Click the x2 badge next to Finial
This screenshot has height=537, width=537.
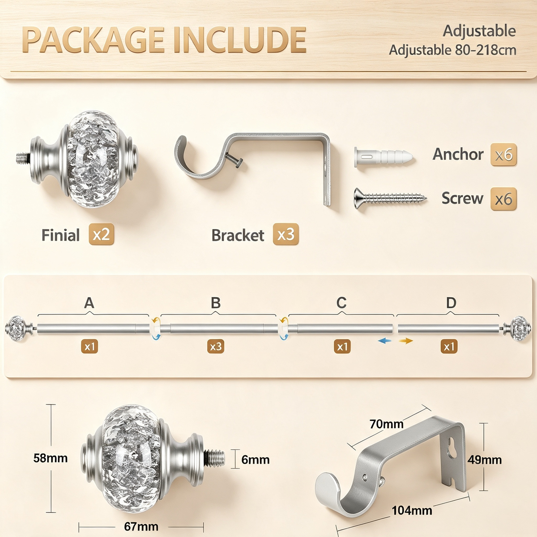tap(102, 234)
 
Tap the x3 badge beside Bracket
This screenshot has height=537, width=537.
tap(286, 234)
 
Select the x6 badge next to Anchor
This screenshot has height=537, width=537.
tap(503, 155)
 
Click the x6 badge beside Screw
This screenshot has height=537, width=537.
tap(503, 199)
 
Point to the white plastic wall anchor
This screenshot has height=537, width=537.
tap(383, 157)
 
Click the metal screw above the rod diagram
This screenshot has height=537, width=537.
tap(390, 198)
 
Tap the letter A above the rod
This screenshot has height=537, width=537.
tap(89, 303)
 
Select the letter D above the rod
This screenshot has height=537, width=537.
tap(451, 303)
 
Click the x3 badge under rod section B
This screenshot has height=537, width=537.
tap(216, 347)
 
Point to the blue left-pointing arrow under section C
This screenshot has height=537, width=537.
tap(384, 341)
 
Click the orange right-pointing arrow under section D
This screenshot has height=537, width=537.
tap(406, 341)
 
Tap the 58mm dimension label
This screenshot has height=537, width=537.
tap(51, 458)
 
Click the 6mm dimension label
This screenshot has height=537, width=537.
tap(255, 460)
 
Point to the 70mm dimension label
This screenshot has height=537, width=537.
tap(387, 424)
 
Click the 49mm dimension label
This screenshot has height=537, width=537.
tap(485, 460)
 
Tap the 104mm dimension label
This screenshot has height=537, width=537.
tap(412, 511)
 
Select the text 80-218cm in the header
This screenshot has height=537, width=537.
tap(486, 50)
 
